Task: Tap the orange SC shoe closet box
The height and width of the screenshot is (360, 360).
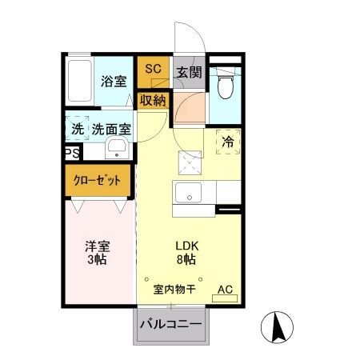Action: pos(153,70)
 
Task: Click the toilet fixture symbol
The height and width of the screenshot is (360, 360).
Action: pos(226,82)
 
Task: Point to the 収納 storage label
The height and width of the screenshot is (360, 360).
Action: pos(152,100)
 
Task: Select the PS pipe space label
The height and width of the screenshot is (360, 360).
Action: pos(70,152)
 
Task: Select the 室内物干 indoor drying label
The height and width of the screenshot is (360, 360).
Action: pos(174,289)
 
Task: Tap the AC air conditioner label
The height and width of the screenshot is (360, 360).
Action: pos(225,290)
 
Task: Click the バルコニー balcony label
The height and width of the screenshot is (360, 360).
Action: pos(171,325)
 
